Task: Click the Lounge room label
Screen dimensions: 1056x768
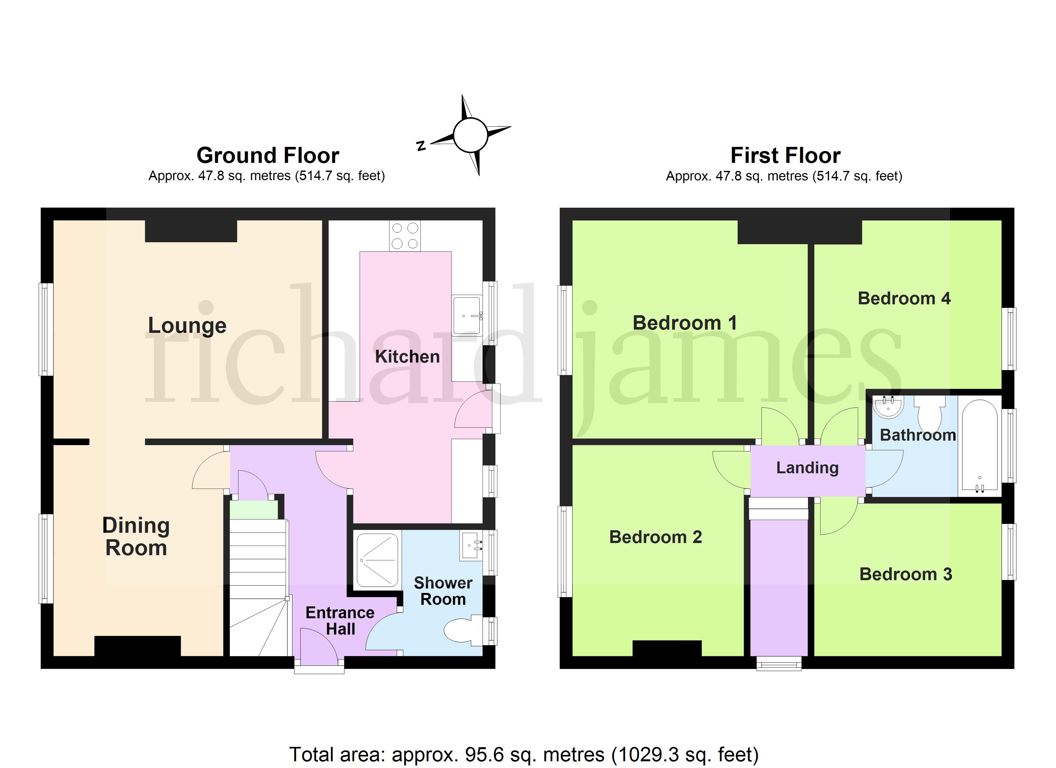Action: point(187,325)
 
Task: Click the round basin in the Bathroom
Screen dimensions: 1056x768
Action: point(888,406)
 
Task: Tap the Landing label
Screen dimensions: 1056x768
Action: point(807,468)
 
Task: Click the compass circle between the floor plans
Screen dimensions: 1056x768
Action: point(470,135)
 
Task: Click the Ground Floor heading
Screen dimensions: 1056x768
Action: point(268,155)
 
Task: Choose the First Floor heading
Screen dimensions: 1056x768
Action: point(786,155)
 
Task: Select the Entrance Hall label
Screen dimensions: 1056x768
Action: point(340,620)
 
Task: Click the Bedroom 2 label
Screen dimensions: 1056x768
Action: point(656,537)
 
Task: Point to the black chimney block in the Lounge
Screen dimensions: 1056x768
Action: point(191,231)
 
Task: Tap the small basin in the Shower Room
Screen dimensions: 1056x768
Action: point(471,546)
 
